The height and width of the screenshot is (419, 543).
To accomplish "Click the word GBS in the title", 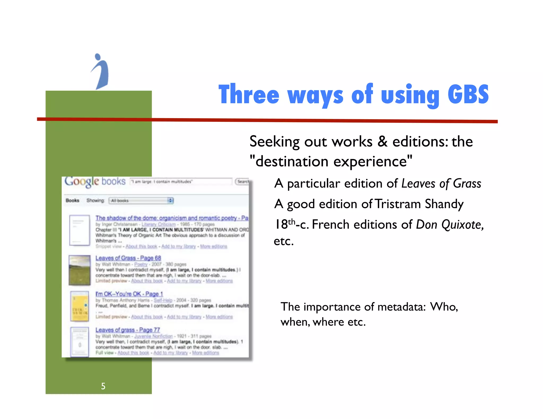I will click(x=468, y=94).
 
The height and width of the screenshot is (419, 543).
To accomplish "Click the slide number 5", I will click(x=103, y=386).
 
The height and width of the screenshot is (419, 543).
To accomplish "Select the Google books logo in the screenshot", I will click(x=95, y=182).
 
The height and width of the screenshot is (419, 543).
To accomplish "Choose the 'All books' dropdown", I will click(x=141, y=200).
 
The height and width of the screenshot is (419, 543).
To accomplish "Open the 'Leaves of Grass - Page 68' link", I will click(x=128, y=258).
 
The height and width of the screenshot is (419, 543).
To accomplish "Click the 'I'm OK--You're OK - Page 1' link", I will click(x=129, y=294).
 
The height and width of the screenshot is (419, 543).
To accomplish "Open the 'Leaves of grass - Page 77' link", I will click(x=128, y=330).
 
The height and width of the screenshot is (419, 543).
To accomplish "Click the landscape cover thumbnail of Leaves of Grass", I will click(x=80, y=270).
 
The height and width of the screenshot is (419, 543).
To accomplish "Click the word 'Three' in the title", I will click(x=249, y=95).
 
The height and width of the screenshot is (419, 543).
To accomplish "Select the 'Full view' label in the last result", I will click(x=104, y=353).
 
